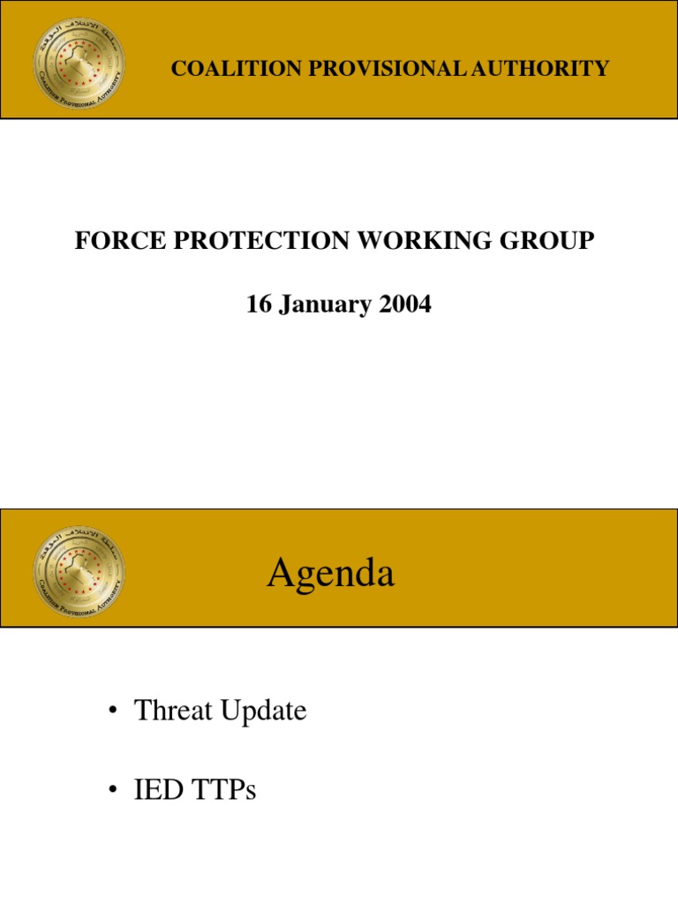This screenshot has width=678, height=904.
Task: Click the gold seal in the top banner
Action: coord(79,59)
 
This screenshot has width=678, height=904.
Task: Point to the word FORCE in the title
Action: coord(110,241)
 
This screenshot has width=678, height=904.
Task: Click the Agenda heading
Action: coord(330,575)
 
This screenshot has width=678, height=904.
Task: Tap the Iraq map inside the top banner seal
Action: coord(79,57)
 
